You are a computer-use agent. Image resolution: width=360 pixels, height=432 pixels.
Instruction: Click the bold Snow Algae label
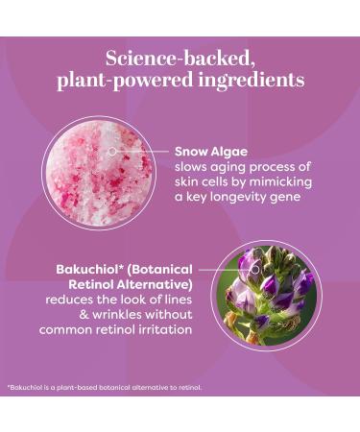coord(210,151)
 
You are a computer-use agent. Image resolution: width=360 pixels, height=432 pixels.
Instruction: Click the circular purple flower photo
coord(265,294)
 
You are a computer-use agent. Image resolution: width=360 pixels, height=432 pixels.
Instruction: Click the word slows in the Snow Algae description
coord(193,166)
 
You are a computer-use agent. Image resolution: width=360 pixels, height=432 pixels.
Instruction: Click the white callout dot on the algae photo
coord(112,151)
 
